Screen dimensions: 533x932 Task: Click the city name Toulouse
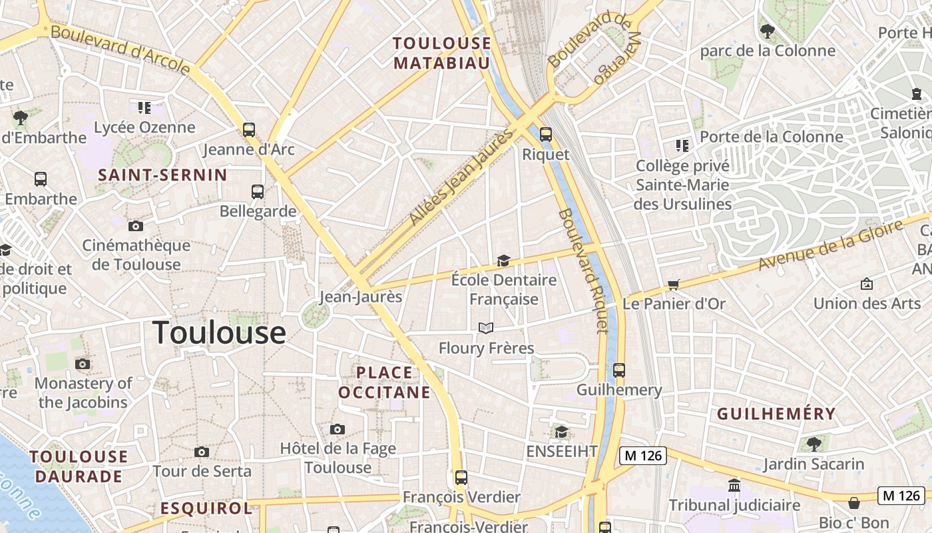(x=219, y=332)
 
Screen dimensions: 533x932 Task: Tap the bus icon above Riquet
(x=546, y=134)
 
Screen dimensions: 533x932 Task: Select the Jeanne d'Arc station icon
(x=249, y=129)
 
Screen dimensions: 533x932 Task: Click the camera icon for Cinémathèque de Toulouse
(x=136, y=226)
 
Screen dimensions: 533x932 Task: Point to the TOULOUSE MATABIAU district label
(x=441, y=53)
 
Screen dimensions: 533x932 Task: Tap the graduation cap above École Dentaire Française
(x=503, y=261)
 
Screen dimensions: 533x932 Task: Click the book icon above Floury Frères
(x=486, y=328)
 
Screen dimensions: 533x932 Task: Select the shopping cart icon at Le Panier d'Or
(x=674, y=285)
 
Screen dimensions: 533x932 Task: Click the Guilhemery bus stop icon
(x=619, y=370)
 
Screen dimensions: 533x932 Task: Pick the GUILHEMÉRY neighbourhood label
(x=776, y=414)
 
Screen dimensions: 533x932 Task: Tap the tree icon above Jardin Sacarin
(x=814, y=444)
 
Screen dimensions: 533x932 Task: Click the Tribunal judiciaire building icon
(x=734, y=485)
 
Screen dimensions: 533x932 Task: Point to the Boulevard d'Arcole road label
(x=120, y=49)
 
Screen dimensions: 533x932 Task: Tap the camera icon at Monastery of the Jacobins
(x=83, y=364)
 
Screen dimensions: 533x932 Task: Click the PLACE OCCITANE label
(x=384, y=382)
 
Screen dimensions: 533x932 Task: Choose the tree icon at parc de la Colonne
(x=768, y=31)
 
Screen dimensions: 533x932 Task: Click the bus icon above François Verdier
(x=461, y=477)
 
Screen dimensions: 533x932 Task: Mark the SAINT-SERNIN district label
(x=162, y=175)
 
